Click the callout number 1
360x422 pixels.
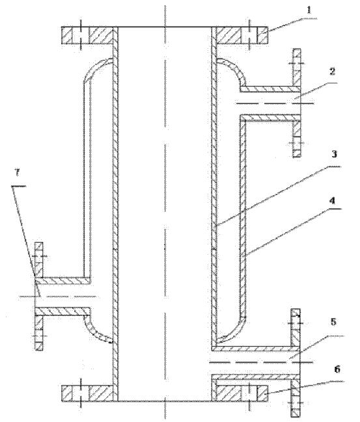click(309, 10)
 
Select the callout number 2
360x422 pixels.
click(332, 72)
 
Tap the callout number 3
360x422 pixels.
click(334, 154)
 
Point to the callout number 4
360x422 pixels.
click(333, 200)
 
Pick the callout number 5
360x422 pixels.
click(333, 322)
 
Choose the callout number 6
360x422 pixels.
click(337, 369)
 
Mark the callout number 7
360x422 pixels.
click(17, 172)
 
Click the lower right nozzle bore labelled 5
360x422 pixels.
click(255, 363)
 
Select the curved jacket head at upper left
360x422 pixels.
click(98, 70)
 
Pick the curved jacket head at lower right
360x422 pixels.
click(231, 330)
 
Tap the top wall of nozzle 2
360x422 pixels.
click(270, 89)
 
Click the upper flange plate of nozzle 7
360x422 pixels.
click(39, 259)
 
